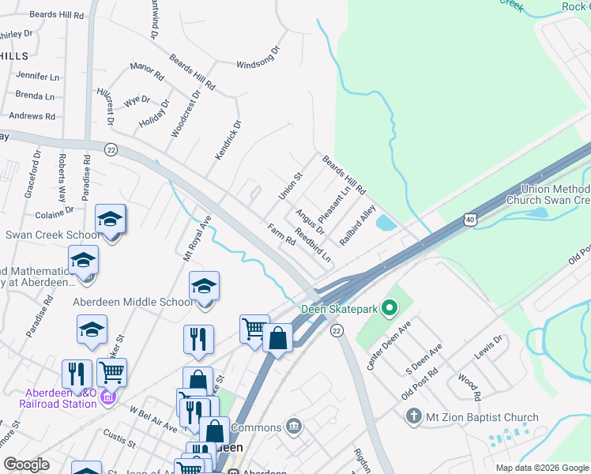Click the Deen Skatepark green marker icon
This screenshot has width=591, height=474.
point(388,307)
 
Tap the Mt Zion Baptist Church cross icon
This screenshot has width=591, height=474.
point(412,416)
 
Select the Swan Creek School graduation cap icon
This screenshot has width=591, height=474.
point(111,219)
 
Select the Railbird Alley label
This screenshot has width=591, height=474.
point(357,224)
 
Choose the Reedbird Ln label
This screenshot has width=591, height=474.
point(312,246)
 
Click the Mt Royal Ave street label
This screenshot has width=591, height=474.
point(198,239)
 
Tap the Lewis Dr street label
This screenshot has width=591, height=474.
point(487,347)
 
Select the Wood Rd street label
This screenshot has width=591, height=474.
point(469,382)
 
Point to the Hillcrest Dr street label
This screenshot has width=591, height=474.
point(105,106)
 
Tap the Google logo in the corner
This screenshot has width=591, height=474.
point(26,465)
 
